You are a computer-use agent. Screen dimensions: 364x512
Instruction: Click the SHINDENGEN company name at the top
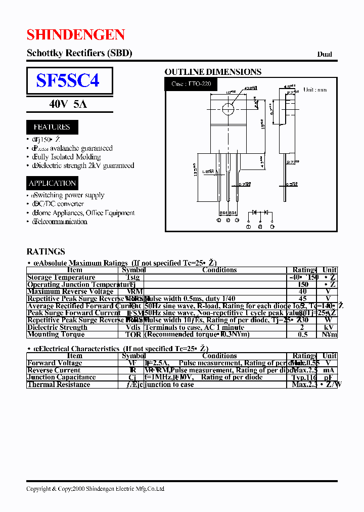pyautogui.click(x=76, y=34)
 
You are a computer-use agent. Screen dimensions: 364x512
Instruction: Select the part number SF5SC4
pyautogui.click(x=68, y=80)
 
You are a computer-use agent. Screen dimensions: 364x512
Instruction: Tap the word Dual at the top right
pyautogui.click(x=324, y=54)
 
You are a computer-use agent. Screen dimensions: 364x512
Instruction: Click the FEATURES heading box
pyautogui.click(x=52, y=127)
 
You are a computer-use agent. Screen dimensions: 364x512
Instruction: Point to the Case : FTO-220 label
pyautogui.click(x=191, y=83)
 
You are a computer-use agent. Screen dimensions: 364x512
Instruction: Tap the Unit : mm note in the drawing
pyautogui.click(x=314, y=90)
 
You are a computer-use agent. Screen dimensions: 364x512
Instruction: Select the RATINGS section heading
pyautogui.click(x=45, y=251)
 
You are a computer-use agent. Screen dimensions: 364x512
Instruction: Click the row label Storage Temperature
pyautogui.click(x=61, y=277)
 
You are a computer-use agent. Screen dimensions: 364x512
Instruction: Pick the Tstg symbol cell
pyautogui.click(x=132, y=277)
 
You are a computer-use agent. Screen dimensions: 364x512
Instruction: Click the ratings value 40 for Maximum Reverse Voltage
pyautogui.click(x=303, y=291)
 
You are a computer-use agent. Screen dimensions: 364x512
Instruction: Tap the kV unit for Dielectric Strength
pyautogui.click(x=329, y=327)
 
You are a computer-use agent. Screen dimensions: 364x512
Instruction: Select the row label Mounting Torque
pyautogui.click(x=56, y=334)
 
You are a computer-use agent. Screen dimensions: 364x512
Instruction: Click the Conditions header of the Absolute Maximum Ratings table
pyautogui.click(x=219, y=270)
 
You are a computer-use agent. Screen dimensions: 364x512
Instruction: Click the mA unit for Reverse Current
pyautogui.click(x=329, y=370)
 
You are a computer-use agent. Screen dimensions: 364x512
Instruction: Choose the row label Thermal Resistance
pyautogui.click(x=59, y=385)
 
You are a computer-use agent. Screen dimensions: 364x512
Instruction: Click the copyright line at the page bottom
pyautogui.click(x=95, y=489)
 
